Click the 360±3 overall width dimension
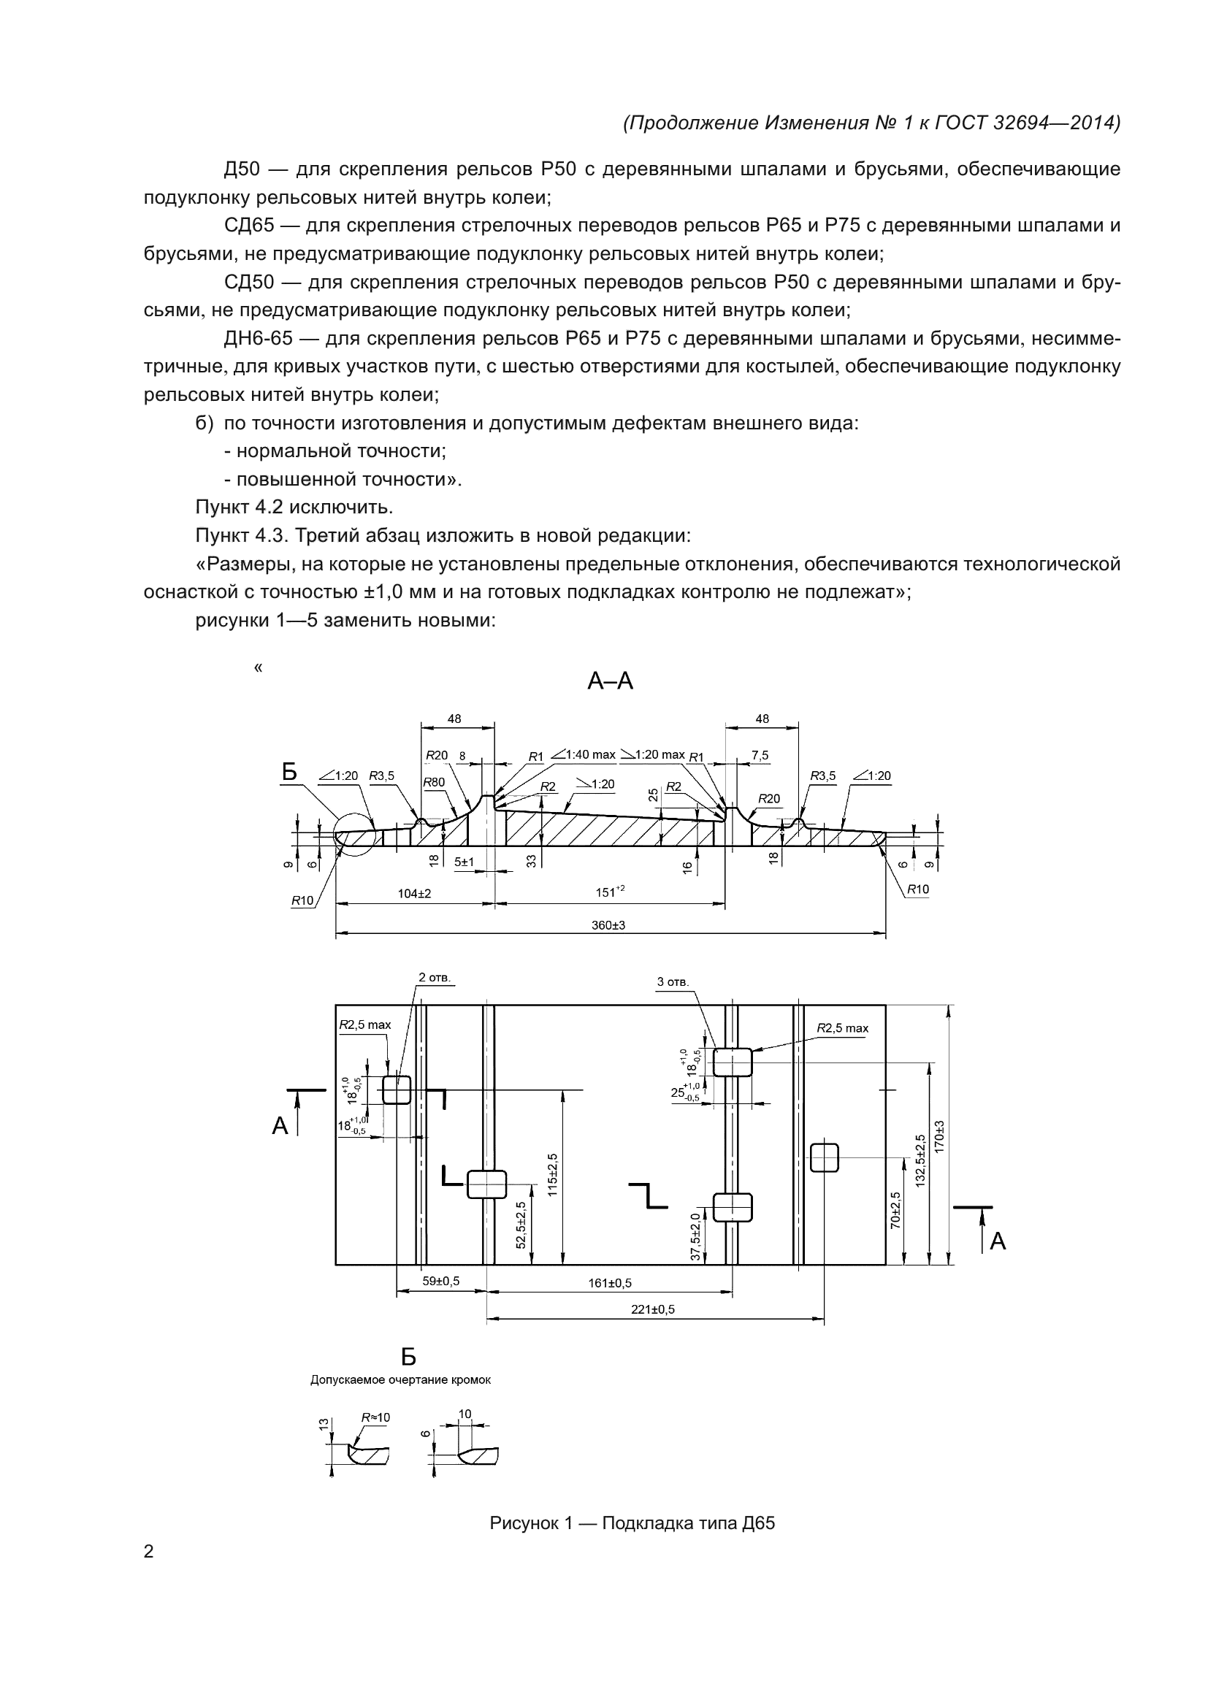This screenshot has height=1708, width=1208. tap(608, 925)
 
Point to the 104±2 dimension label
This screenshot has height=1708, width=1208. tap(414, 893)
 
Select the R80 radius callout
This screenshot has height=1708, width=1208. tap(434, 782)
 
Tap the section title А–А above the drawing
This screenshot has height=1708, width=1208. tap(610, 681)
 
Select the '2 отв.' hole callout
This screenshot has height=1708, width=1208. tap(435, 977)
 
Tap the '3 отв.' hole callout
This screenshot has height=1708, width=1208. tap(673, 982)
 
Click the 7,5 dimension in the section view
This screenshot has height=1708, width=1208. tap(760, 756)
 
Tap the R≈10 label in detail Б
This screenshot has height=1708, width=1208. tap(375, 1418)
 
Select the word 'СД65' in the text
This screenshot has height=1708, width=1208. tap(248, 226)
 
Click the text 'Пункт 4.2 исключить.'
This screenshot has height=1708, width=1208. tap(294, 508)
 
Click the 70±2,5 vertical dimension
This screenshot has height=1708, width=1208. tap(895, 1210)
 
